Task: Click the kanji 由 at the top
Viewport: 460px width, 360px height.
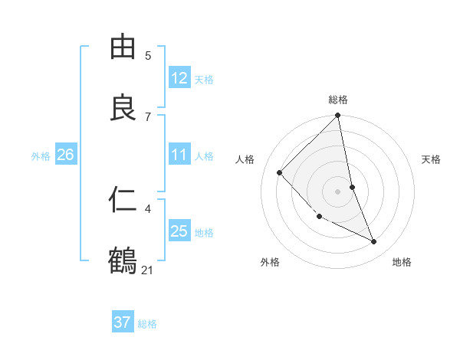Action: [x=123, y=47]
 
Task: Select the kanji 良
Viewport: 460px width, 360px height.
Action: [x=123, y=108]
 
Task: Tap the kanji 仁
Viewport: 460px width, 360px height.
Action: [x=123, y=200]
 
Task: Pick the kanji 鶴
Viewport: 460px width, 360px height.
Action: [x=123, y=261]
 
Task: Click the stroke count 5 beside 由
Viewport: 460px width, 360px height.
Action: [x=148, y=55]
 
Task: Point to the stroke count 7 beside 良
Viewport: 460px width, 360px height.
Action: [x=148, y=116]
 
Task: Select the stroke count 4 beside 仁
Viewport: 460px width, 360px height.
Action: [x=148, y=208]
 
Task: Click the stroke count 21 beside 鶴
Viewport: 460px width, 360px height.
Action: [x=148, y=270]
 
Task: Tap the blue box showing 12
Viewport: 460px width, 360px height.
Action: [x=179, y=78]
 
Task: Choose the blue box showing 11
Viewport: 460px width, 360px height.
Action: [x=179, y=155]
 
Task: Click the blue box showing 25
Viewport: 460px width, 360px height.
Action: [x=179, y=231]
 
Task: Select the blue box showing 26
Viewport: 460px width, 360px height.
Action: [x=65, y=155]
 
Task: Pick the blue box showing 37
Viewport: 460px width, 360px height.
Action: [x=123, y=322]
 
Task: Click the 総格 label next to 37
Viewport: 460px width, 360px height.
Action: [x=147, y=324]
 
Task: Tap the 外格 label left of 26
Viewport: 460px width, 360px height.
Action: [x=41, y=156]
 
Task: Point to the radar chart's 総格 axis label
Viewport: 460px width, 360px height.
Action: [x=338, y=100]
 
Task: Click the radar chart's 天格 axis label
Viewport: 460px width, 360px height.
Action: [x=432, y=159]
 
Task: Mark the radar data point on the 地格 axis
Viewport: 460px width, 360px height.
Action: [x=374, y=241]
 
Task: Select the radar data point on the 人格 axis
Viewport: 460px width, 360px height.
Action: [x=280, y=172]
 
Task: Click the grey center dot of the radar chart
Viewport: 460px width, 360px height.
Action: [x=338, y=191]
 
